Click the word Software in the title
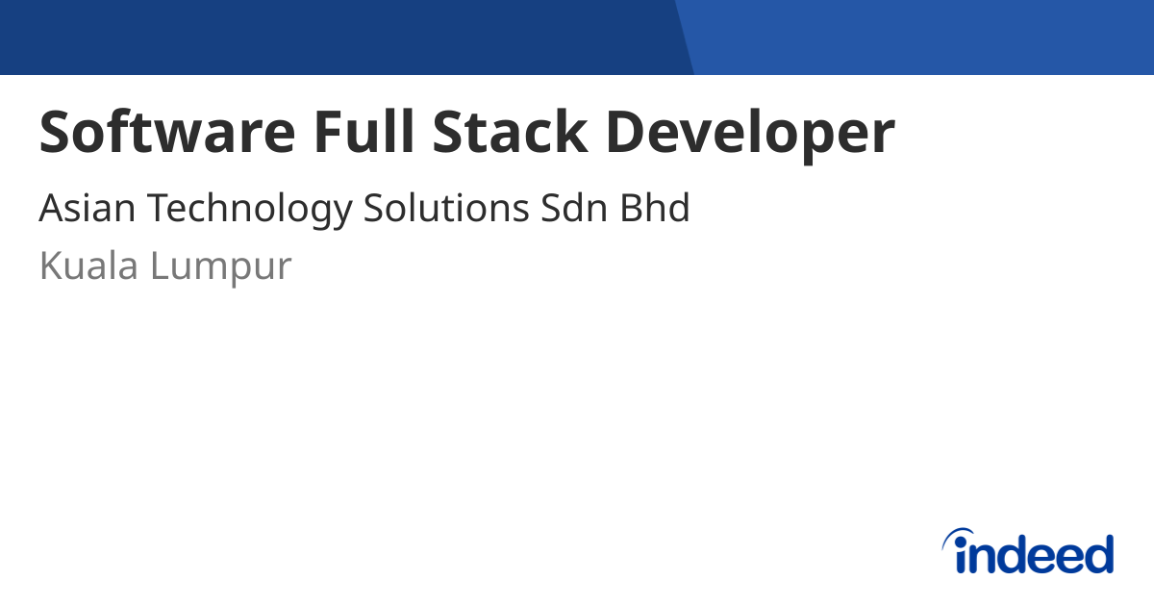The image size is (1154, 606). (166, 133)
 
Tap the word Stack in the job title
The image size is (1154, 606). (510, 133)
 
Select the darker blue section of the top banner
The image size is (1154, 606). (337, 37)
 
